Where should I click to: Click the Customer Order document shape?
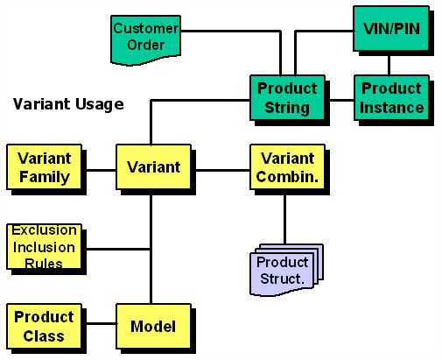click(x=145, y=39)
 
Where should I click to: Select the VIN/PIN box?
click(x=391, y=28)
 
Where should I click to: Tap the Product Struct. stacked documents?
click(x=286, y=270)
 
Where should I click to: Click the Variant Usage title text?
click(x=68, y=104)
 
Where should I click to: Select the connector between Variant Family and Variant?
click(x=102, y=170)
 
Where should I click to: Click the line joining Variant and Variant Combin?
click(x=222, y=170)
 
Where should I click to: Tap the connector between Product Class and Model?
click(x=102, y=323)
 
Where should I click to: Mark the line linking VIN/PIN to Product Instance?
click(x=389, y=66)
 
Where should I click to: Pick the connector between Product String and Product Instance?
click(x=341, y=100)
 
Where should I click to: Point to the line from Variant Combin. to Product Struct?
click(x=284, y=220)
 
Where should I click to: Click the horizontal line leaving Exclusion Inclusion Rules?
click(x=118, y=249)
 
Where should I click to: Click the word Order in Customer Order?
click(x=146, y=45)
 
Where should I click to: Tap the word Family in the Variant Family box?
click(x=45, y=177)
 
